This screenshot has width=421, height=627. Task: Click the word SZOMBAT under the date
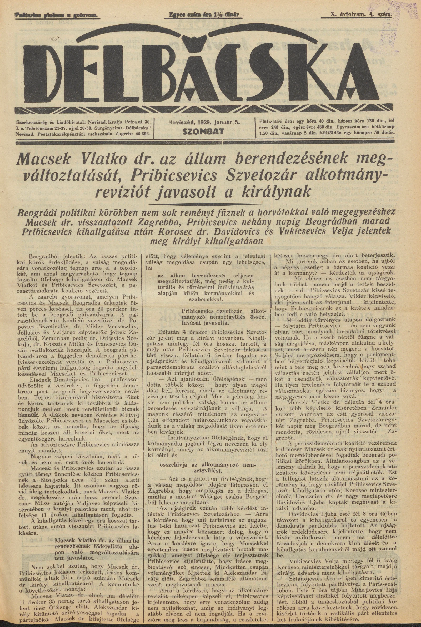tap(203, 132)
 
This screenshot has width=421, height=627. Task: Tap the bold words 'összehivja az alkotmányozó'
tap(207, 457)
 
